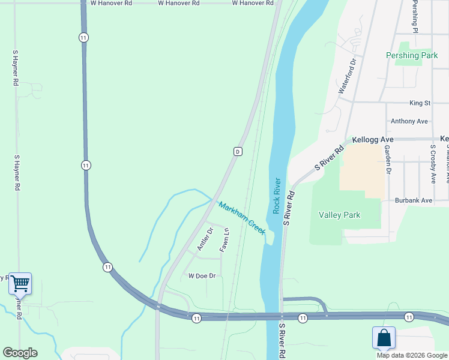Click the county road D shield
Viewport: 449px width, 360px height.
[x=238, y=152]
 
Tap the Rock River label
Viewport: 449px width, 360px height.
[x=277, y=195]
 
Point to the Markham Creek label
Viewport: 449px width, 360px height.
[x=242, y=218]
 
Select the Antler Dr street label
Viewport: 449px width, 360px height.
[x=205, y=239]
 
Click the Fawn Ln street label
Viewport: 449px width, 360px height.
[x=224, y=240]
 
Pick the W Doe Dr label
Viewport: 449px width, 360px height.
[x=202, y=276]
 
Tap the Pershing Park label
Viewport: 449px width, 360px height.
[x=412, y=55]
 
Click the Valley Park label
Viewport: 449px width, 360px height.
[x=340, y=215]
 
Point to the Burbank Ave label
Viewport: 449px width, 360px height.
[x=414, y=200]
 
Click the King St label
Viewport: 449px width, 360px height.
[x=420, y=103]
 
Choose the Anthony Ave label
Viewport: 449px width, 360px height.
[x=409, y=121]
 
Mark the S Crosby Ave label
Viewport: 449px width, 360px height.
[x=432, y=164]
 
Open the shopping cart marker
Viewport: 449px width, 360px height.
[x=20, y=283]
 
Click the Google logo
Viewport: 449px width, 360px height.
[x=20, y=353]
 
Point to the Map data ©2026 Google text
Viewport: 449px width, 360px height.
[x=412, y=355]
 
